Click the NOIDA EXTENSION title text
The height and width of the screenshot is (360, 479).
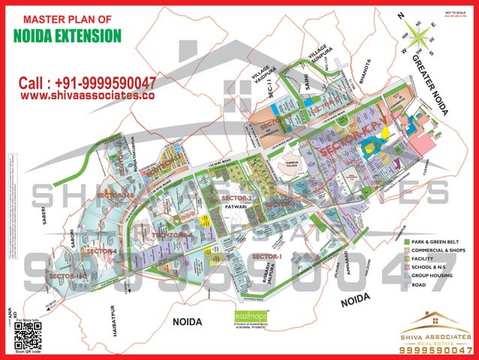point(68,35)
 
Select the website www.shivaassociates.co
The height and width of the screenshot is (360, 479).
point(87,96)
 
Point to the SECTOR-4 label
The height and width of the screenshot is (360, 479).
point(102,250)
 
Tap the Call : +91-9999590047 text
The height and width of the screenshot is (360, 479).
point(88,82)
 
